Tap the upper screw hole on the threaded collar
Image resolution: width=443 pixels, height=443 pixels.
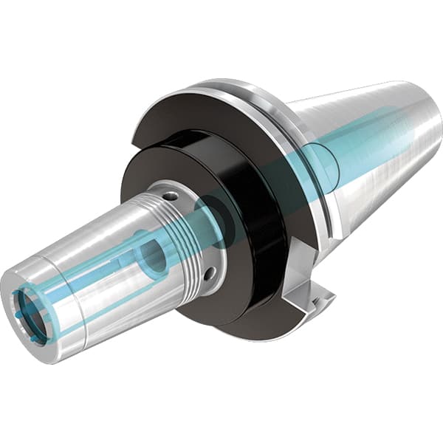pyautogui.click(x=171, y=196)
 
